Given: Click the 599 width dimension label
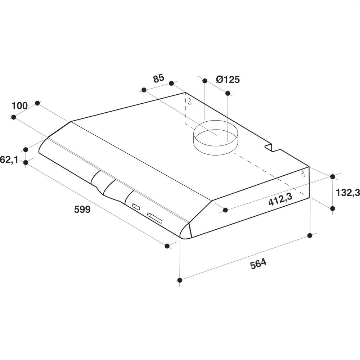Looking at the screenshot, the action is pos(82,209).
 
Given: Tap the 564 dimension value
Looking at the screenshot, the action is pos(258,264).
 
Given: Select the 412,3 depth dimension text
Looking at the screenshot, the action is pos(280,199).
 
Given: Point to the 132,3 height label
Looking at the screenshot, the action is pos(348,193).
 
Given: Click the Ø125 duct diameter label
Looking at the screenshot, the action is pos(228,80).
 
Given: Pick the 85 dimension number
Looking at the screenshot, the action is pos(159,78).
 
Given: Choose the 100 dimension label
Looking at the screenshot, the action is pos(19,106).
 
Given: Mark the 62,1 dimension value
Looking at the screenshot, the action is pos(9,159).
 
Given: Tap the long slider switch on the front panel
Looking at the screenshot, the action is pos(155,218).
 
